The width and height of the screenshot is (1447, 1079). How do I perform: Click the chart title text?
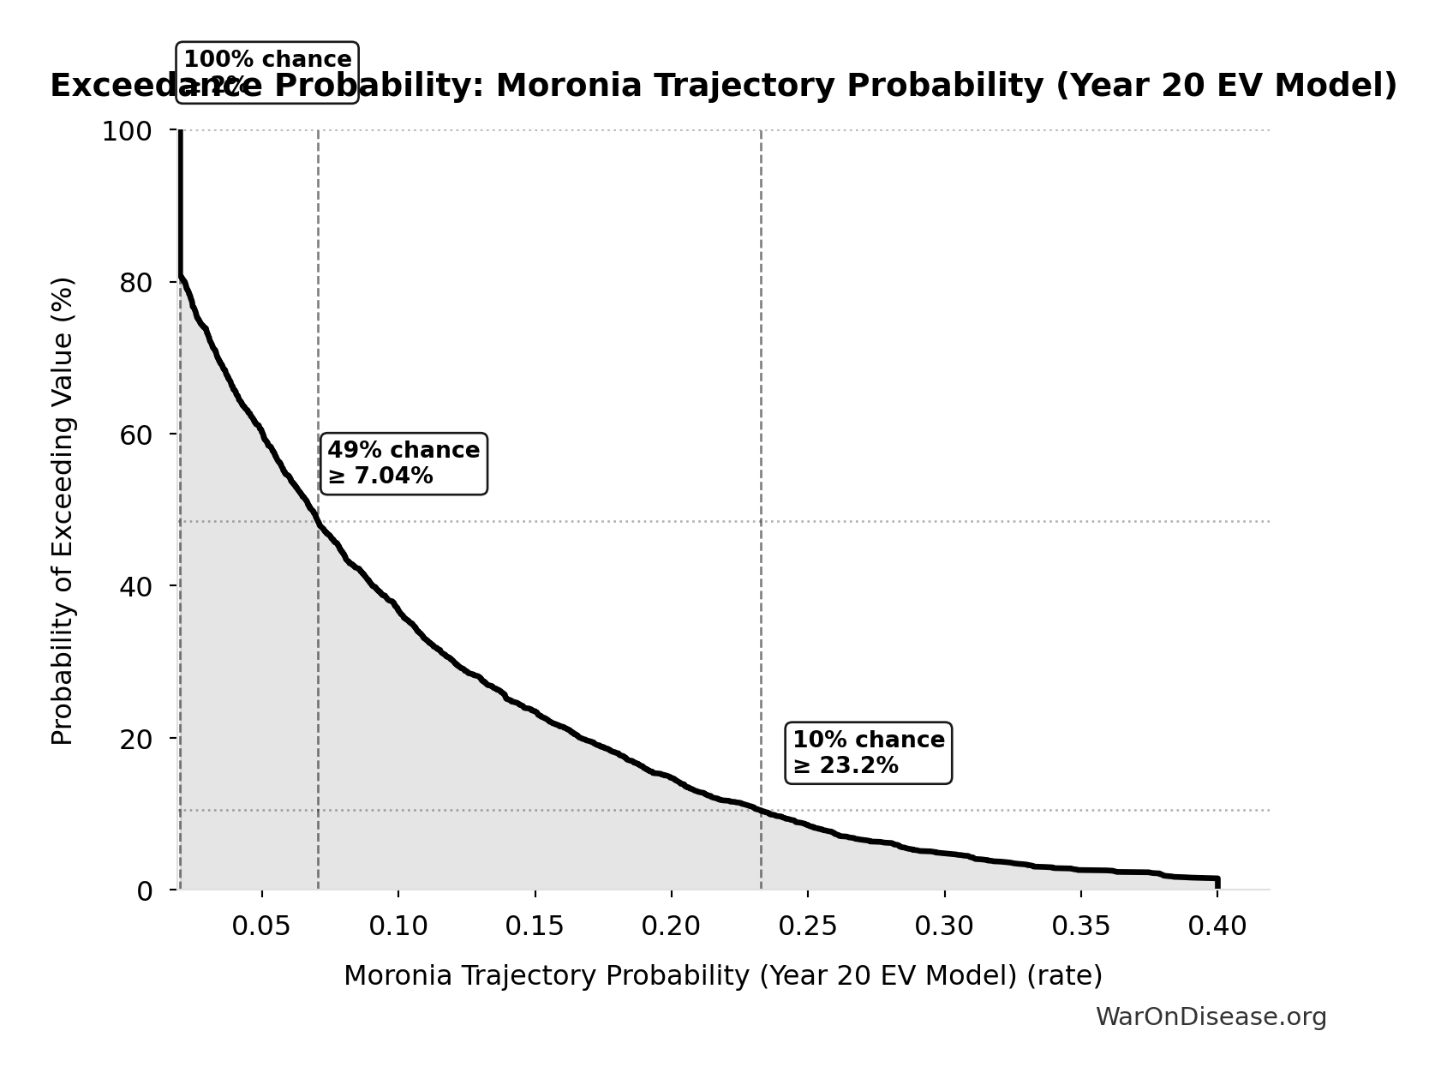(723, 86)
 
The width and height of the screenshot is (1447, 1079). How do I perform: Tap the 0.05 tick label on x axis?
(261, 926)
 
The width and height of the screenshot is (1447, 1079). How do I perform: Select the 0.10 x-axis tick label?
(398, 926)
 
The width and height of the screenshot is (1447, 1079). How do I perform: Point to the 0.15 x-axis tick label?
(535, 926)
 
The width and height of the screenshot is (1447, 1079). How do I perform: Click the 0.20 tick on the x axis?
(672, 926)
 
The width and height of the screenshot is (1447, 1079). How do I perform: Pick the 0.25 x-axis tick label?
(808, 926)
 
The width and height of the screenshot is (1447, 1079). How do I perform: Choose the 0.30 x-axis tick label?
(944, 926)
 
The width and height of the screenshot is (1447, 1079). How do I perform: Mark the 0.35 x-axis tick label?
(1081, 926)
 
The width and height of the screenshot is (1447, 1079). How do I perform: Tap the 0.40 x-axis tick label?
(1217, 926)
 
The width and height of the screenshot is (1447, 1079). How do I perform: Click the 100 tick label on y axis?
(127, 131)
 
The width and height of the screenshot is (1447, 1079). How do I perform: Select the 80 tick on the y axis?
(136, 283)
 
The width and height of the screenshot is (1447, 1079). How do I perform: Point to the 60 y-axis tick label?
(136, 435)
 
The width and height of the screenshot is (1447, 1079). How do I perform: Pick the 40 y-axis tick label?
(136, 586)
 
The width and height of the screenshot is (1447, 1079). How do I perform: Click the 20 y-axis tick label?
(136, 739)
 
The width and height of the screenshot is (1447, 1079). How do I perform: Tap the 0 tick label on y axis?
(145, 890)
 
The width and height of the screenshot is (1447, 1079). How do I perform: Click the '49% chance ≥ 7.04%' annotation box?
(404, 464)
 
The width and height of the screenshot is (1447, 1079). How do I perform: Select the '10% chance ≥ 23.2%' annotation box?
(868, 752)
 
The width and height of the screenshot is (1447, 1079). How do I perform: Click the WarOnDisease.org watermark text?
(1211, 1017)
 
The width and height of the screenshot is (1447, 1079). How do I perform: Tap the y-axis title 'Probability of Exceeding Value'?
(63, 511)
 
